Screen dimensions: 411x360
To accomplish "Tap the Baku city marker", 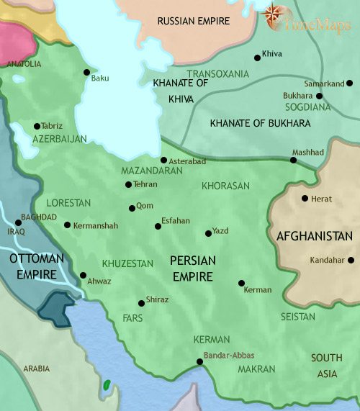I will coord(86,72).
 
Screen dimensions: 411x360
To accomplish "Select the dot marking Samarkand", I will coord(320,95).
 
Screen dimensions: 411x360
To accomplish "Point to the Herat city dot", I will coord(305,198).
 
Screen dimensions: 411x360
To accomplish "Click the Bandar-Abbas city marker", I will coord(200,362).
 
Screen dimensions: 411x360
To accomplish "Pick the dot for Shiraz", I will coord(141,303).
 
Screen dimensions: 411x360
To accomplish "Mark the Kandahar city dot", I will coord(351,260).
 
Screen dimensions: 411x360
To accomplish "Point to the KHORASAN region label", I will coord(225,186).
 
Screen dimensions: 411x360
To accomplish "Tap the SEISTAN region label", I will coord(297,317).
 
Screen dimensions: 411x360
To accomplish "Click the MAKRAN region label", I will coord(256,369).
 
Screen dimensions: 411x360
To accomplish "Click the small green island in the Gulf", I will coord(108,385).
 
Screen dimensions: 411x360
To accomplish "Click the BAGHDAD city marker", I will coord(18,222).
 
